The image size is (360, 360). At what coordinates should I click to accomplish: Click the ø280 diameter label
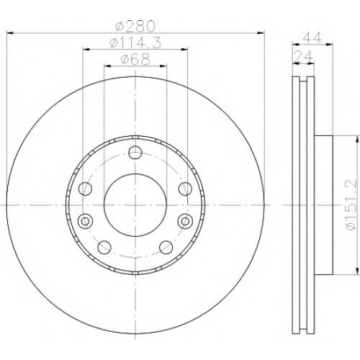(x=135, y=26)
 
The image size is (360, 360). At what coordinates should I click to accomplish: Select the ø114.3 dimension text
(x=135, y=43)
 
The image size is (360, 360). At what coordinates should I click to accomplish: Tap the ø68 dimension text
(x=135, y=59)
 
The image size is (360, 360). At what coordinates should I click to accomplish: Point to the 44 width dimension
(x=312, y=37)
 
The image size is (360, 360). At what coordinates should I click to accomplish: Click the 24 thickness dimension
(x=303, y=57)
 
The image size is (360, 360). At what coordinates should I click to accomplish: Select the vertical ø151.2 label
(x=352, y=205)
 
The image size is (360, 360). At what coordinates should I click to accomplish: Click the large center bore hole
(x=135, y=205)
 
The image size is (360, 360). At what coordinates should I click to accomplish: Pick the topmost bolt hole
(x=135, y=152)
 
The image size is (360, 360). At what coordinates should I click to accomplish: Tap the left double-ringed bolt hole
(x=85, y=220)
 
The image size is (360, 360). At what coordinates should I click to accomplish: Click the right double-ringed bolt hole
(x=186, y=220)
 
